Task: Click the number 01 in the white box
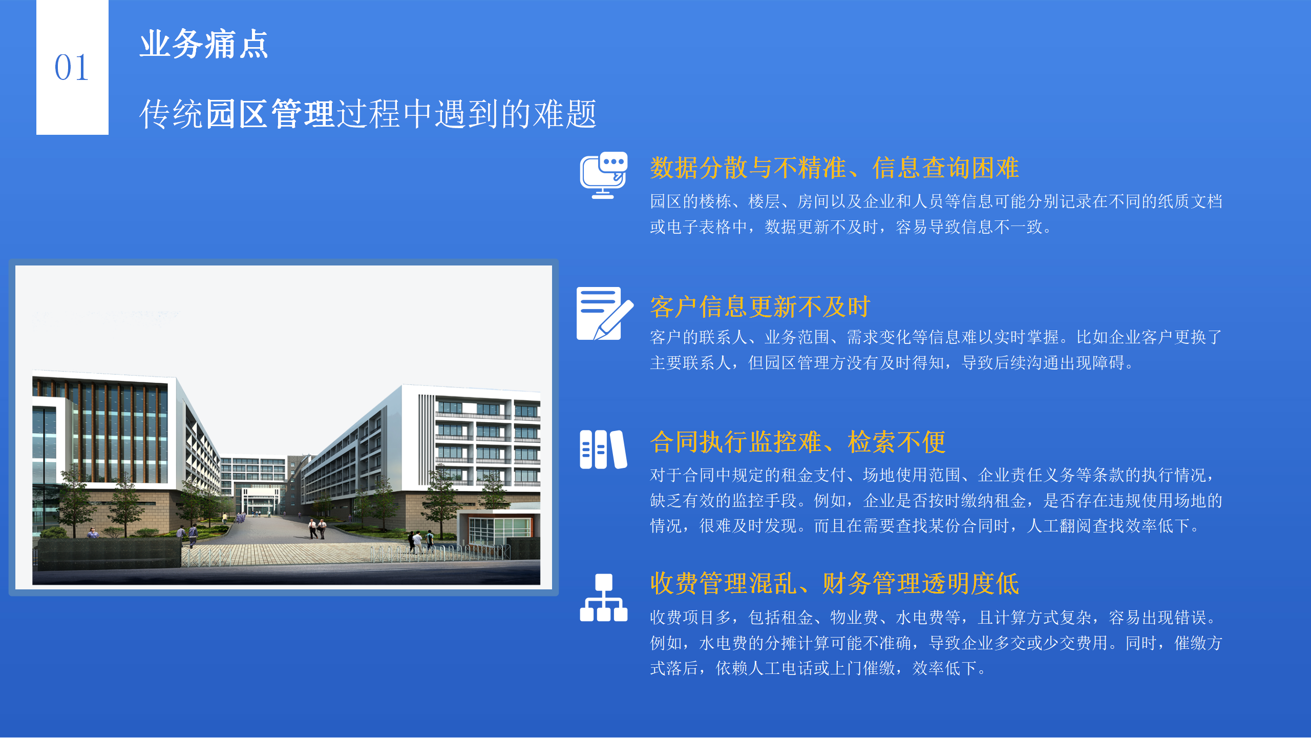click(x=72, y=68)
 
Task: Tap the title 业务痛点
click(x=204, y=45)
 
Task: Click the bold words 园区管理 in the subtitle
click(x=270, y=114)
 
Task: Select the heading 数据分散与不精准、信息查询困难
click(x=834, y=168)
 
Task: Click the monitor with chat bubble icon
click(x=603, y=175)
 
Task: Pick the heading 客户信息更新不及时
click(x=760, y=307)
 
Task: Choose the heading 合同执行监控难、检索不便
click(x=797, y=442)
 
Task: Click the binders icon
click(x=603, y=449)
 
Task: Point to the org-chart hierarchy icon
click(x=603, y=598)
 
